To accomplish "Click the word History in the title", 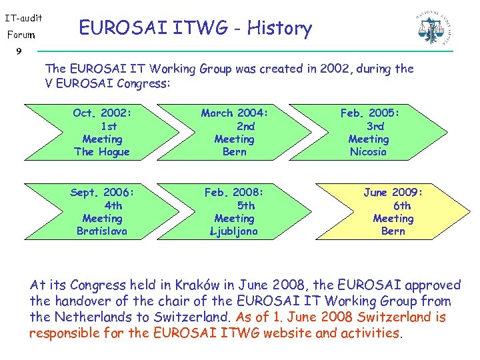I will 279,28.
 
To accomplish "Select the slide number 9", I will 19,51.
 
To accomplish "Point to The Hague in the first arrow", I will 102,151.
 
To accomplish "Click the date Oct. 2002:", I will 102,113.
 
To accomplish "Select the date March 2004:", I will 234,113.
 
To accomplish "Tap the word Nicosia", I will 368,151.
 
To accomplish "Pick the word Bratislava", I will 102,231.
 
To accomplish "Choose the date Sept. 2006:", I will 102,193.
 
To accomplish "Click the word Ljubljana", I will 234,231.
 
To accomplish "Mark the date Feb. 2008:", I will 234,193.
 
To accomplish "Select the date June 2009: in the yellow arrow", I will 393,193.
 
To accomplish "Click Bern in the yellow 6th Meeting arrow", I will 393,231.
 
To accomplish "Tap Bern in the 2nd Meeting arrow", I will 234,151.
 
